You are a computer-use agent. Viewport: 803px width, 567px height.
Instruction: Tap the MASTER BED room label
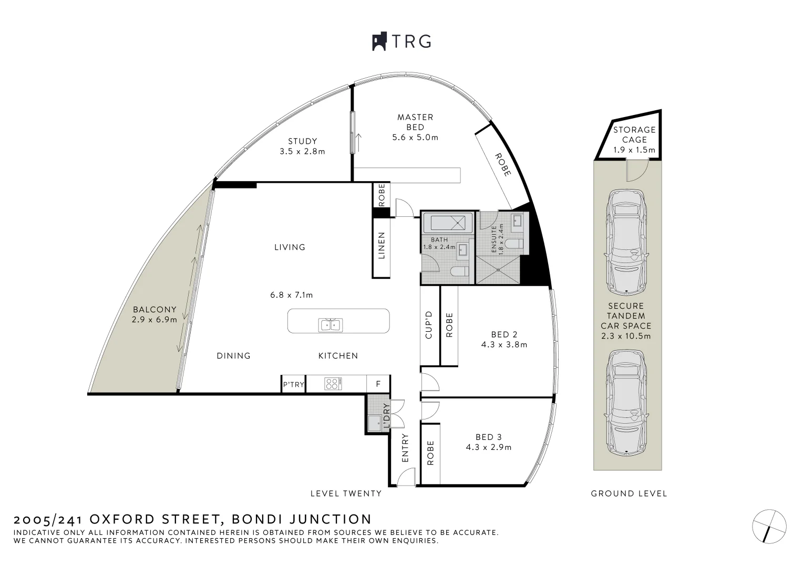point(415,122)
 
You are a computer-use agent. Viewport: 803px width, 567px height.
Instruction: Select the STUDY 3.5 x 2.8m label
point(303,146)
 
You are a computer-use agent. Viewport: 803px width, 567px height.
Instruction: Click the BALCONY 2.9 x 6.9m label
point(155,314)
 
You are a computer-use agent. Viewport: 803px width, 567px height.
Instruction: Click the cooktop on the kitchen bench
point(333,384)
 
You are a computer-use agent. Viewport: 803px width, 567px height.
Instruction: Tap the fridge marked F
point(378,384)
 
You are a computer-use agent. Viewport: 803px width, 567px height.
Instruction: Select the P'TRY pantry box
point(293,384)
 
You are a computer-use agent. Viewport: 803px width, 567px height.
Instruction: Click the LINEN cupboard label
point(382,245)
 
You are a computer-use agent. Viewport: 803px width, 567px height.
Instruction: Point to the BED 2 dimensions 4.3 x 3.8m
point(504,345)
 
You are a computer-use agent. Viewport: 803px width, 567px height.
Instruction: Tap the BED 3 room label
point(488,437)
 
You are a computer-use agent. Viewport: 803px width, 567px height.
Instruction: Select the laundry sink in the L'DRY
point(375,423)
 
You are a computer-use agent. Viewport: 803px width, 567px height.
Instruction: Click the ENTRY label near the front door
point(405,448)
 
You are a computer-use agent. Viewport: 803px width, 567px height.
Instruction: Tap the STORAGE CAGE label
point(634,134)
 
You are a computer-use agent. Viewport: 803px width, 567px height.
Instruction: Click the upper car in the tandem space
point(626,241)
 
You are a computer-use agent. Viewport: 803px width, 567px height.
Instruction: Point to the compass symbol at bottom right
point(769,526)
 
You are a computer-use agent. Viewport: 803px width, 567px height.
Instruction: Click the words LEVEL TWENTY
point(346,493)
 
